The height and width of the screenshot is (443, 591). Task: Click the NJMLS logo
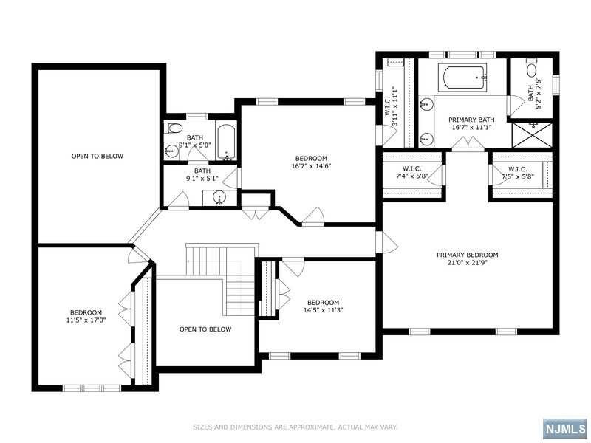pyautogui.click(x=566, y=429)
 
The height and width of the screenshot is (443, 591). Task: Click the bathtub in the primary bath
pyautogui.click(x=463, y=78)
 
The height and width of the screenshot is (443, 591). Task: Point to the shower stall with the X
pyautogui.click(x=532, y=134)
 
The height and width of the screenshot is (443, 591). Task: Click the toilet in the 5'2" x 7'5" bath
pyautogui.click(x=532, y=68)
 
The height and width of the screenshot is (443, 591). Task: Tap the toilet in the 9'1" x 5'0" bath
pyautogui.click(x=174, y=128)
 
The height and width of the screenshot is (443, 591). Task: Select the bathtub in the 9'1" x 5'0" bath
pyautogui.click(x=226, y=143)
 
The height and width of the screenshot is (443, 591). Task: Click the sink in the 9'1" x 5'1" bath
pyautogui.click(x=219, y=198)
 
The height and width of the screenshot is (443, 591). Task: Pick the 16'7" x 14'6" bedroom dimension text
pyautogui.click(x=311, y=165)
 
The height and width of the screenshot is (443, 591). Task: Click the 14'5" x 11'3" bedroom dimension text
pyautogui.click(x=323, y=310)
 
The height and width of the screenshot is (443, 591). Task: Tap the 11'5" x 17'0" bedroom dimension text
pyautogui.click(x=86, y=320)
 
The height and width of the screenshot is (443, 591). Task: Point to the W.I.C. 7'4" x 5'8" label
pyautogui.click(x=411, y=172)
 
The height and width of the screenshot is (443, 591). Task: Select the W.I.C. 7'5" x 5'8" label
pyautogui.click(x=518, y=172)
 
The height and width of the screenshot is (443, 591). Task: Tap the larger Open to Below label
pyautogui.click(x=98, y=156)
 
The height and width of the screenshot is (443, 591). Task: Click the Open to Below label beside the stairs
pyautogui.click(x=205, y=329)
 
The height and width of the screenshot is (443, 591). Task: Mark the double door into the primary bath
pyautogui.click(x=468, y=143)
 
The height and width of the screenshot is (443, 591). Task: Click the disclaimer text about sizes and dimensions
pyautogui.click(x=295, y=427)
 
